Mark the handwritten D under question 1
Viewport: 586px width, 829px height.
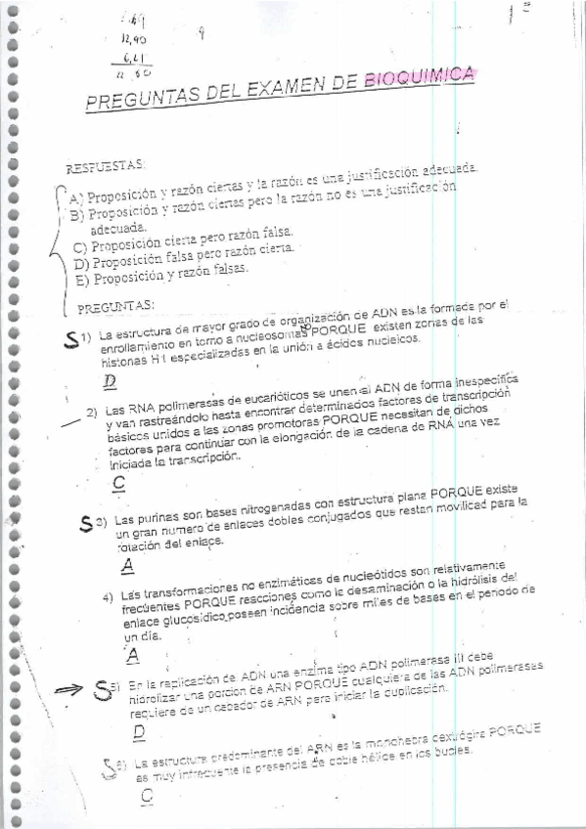click(x=110, y=380)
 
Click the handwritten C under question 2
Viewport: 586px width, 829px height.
click(x=118, y=482)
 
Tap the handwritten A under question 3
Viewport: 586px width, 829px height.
click(x=126, y=564)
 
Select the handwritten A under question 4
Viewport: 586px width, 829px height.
click(x=132, y=654)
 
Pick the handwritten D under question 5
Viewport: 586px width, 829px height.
click(x=138, y=731)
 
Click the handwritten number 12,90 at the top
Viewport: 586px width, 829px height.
click(x=130, y=38)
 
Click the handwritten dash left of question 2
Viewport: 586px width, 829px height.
click(x=68, y=422)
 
